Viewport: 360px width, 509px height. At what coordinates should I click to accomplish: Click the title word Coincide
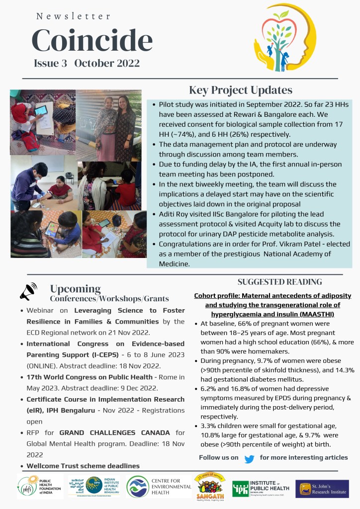(92, 41)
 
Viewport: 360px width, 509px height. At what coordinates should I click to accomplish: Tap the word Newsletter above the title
(74, 16)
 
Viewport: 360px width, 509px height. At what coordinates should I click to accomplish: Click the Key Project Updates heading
(241, 90)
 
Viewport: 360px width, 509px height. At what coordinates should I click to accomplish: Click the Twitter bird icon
(249, 458)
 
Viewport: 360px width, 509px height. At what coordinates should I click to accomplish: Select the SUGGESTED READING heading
(279, 282)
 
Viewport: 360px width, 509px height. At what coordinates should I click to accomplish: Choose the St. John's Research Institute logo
(322, 488)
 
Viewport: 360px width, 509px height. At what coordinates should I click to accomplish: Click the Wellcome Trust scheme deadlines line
(83, 466)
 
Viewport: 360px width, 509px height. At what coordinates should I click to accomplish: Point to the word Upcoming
(75, 289)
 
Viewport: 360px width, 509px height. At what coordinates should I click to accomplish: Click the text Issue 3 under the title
(50, 63)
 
